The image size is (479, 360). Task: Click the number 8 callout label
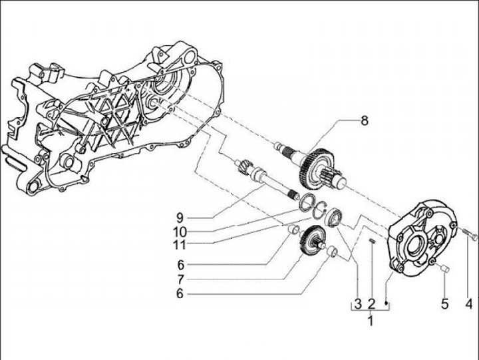[x=364, y=121]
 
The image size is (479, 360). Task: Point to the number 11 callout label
[x=180, y=245]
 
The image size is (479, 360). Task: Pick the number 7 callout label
[x=180, y=277]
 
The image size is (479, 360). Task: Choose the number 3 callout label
[x=357, y=304]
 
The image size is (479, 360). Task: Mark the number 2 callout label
[x=372, y=304]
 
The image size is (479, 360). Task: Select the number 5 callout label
[x=444, y=304]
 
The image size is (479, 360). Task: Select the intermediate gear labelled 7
[x=311, y=240]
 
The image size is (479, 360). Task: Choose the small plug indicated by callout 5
[x=444, y=268]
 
